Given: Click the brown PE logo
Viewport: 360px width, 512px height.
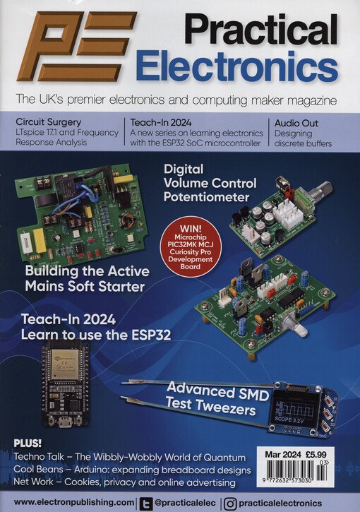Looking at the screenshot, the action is [x=77, y=47].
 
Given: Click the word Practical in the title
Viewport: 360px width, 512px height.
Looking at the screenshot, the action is [x=261, y=30].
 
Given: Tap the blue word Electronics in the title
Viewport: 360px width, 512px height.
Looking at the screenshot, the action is [x=237, y=66].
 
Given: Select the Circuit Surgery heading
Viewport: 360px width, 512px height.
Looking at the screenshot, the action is [x=48, y=122].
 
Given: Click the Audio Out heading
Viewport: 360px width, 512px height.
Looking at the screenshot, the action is [x=296, y=123].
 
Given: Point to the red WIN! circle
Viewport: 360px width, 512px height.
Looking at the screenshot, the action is [x=191, y=247].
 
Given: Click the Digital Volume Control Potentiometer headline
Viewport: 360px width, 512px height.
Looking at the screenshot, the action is [x=210, y=183].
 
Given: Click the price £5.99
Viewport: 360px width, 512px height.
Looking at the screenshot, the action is [x=316, y=455].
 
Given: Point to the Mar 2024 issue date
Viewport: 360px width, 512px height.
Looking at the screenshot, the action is [x=283, y=455].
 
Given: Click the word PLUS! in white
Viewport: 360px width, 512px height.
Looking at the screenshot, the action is [x=28, y=443].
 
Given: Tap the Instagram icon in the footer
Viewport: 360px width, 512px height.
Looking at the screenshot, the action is [x=230, y=504].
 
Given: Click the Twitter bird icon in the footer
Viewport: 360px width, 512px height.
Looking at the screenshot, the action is [x=145, y=504].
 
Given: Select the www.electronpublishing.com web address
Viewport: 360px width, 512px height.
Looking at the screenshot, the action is [x=73, y=503].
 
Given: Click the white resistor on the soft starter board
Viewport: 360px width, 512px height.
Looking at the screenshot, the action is [x=26, y=242].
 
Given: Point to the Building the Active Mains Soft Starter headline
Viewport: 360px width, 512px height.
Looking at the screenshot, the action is [x=87, y=279].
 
